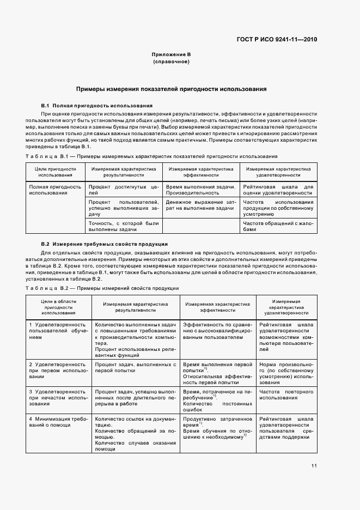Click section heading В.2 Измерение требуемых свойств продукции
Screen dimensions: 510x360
(x=105, y=244)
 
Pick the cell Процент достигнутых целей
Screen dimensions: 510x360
(x=123, y=190)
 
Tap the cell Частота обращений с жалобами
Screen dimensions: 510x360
(x=278, y=226)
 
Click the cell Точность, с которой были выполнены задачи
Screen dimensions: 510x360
(x=123, y=226)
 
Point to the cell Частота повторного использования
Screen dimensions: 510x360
(x=278, y=395)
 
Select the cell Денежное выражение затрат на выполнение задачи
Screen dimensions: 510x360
(x=200, y=205)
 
